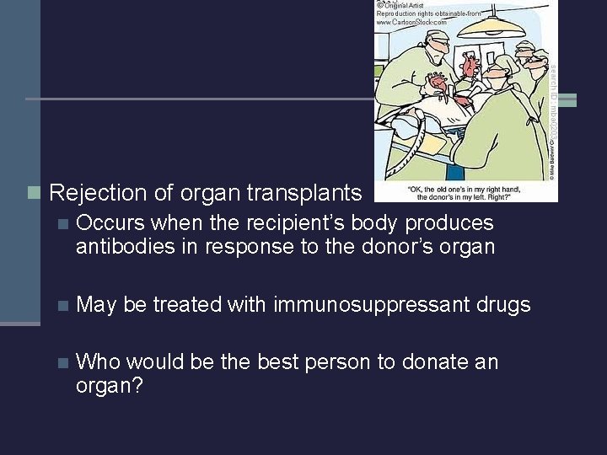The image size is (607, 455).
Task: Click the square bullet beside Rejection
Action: pos(34,193)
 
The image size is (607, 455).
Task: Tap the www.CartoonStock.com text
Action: pos(411,23)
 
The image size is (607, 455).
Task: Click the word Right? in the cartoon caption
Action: pos(510,196)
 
